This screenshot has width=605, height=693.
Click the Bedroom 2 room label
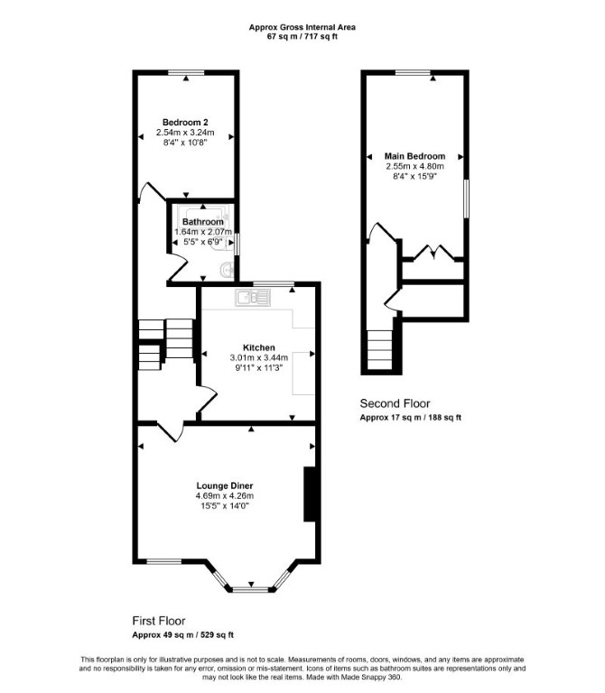pos(185,123)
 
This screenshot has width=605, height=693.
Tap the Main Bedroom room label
pos(414,156)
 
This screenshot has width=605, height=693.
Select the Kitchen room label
pos(259,347)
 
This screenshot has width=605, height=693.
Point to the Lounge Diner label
pos(225,486)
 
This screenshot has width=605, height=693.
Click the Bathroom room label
pos(203,222)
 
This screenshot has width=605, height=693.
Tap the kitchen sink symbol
pos(253,298)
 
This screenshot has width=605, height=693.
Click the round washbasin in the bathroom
pos(228,270)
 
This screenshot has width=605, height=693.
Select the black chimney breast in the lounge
pos(309,494)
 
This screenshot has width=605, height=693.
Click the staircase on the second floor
pos(380,350)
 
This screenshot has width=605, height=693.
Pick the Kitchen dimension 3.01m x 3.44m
pos(259,357)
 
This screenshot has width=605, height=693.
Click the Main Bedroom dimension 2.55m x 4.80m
pos(414,167)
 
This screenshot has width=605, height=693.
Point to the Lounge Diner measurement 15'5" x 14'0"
pos(225,506)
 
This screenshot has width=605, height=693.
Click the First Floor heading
pos(159,621)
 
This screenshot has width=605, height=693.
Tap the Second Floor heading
pos(395,403)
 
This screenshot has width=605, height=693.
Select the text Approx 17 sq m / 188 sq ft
pos(411,418)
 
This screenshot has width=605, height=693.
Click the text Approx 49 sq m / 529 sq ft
pos(182,635)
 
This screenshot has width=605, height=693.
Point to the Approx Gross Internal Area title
pos(302,27)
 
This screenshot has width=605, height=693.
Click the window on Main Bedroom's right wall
pos(466,199)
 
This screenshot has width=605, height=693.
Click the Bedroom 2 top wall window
pos(186,72)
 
